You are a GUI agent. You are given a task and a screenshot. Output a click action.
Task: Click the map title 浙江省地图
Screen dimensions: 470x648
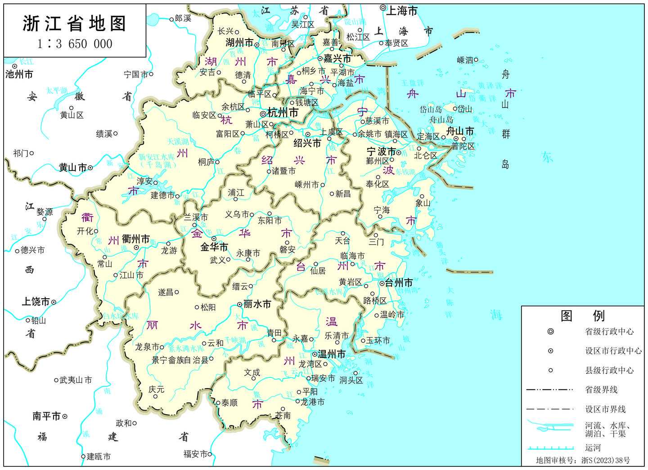pos(74,24)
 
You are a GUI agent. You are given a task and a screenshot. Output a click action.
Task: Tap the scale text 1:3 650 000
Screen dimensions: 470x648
pos(75,44)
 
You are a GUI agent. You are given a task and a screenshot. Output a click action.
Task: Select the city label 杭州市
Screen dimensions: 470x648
pos(283,113)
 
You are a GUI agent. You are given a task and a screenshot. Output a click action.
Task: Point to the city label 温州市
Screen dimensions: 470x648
pos(332,354)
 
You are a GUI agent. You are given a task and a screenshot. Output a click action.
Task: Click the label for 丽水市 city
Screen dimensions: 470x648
pos(257,304)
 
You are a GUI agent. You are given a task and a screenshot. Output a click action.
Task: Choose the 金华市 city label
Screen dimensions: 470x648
pos(214,247)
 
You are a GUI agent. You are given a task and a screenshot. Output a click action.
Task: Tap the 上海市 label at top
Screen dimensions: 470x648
pos(402,11)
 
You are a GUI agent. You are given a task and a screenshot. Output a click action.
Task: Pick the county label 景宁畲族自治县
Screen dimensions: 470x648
pos(180,360)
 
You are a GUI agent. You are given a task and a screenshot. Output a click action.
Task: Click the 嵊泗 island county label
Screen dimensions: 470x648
pos(465,60)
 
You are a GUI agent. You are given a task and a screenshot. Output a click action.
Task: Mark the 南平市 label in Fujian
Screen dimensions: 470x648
pos(46,416)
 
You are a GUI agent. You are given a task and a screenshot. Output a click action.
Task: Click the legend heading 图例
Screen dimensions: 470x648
pos(582,316)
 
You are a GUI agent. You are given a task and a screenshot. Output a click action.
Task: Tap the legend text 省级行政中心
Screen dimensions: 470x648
pos(609,332)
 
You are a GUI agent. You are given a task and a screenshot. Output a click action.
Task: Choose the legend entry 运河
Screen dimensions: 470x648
pos(593,448)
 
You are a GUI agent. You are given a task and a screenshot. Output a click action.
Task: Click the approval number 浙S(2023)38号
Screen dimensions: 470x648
pos(605,461)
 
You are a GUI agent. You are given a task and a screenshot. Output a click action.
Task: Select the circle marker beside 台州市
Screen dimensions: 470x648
pos(382,283)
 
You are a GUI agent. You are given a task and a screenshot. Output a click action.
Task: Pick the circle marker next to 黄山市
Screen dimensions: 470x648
pos(90,168)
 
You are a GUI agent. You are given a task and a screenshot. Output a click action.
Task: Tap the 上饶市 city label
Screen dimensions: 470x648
pos(36,302)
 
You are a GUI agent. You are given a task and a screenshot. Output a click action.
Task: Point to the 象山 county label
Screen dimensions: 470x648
pos(423,203)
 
